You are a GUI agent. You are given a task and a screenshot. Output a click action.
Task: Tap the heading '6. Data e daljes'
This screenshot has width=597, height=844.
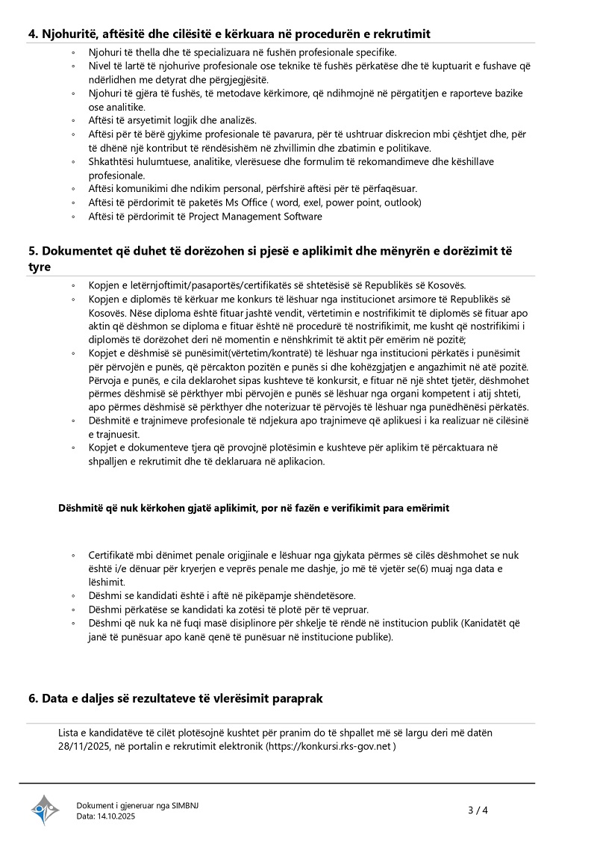175,698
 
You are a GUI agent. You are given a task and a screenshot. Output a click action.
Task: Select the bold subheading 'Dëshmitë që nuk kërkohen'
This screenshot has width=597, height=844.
254,508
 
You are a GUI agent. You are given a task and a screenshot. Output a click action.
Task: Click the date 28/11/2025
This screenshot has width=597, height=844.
85,746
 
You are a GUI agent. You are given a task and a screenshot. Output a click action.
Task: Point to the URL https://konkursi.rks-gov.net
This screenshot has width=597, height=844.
330,746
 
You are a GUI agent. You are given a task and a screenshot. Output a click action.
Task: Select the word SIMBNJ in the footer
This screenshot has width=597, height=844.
184,805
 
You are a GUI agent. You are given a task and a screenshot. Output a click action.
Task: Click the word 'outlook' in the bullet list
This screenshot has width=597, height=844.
403,202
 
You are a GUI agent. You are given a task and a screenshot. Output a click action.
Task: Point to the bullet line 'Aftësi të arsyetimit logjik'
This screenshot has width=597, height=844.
172,120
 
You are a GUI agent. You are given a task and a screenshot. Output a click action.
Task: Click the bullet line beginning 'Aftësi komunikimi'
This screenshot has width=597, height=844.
252,188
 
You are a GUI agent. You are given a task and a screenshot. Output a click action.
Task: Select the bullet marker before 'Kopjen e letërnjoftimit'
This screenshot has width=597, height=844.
73,286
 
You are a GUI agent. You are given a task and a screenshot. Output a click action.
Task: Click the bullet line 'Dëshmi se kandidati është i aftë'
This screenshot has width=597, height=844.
222,595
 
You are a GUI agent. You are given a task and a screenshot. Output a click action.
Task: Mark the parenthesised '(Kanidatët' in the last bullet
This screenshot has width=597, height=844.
485,623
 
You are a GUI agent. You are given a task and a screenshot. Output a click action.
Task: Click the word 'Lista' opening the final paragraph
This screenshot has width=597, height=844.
70,733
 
